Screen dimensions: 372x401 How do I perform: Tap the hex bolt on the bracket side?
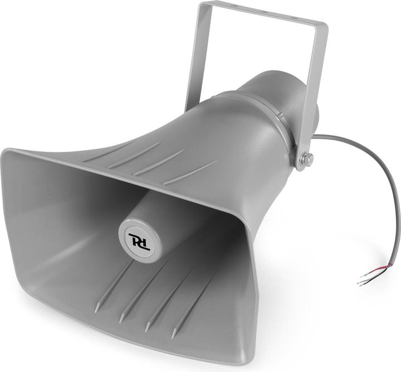click(306, 160)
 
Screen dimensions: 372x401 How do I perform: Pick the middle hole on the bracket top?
click(261, 7)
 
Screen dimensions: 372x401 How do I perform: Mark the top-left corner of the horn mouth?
click(7, 152)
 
